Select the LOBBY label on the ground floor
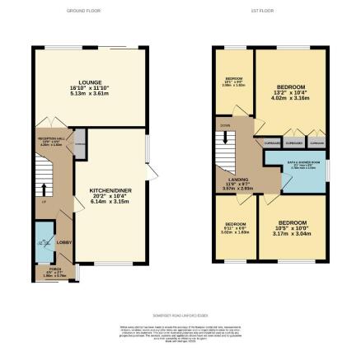63,242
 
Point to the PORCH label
54,269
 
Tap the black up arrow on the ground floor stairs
44,189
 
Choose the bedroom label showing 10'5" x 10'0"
292,222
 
